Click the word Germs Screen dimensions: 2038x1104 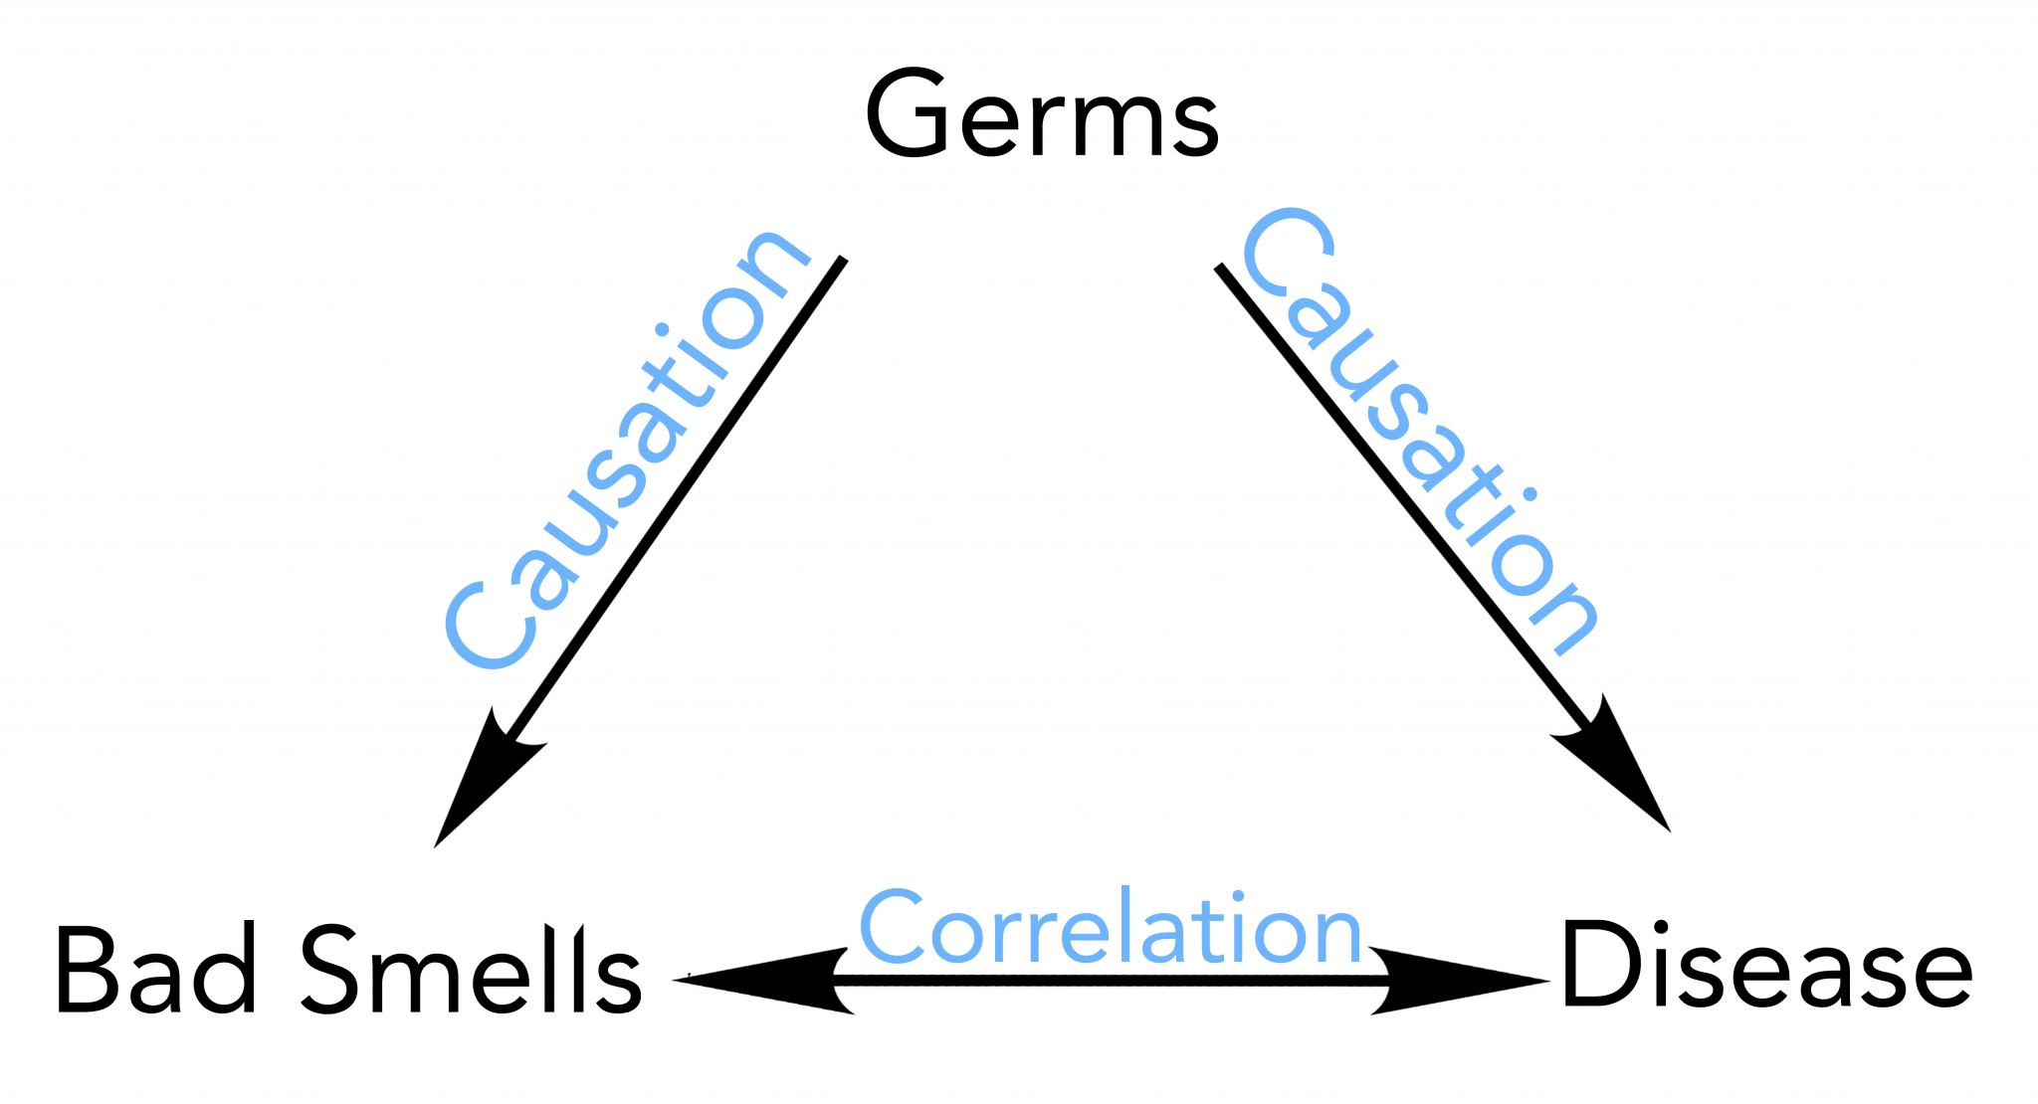tap(1042, 113)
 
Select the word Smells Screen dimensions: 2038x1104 tap(471, 969)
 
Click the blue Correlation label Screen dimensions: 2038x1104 tap(1110, 927)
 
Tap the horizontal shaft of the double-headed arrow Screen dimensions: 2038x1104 tap(1112, 981)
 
